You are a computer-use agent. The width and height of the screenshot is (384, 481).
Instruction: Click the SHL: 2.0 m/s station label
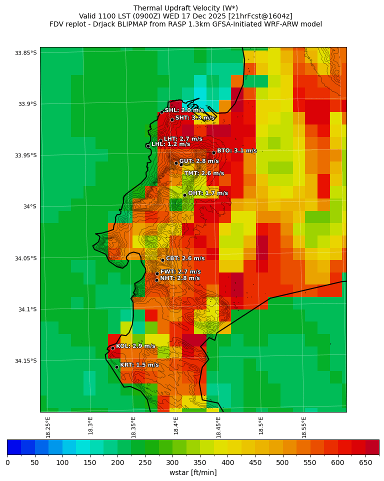(184, 110)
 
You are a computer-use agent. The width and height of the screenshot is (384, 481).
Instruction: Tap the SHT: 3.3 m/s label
(194, 118)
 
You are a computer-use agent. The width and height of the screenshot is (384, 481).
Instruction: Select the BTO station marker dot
(213, 152)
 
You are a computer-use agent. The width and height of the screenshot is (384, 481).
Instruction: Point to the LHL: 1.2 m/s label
(170, 144)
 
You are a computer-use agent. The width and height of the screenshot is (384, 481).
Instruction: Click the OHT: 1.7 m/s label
(207, 193)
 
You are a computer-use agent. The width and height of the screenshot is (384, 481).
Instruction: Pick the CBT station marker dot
(162, 260)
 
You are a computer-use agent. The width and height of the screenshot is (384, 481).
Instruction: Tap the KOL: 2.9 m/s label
(135, 346)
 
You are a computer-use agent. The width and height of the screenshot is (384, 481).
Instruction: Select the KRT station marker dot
(116, 367)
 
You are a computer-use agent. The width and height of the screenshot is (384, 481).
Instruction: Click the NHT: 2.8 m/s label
(179, 278)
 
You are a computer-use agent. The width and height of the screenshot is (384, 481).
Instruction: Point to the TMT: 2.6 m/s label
(204, 173)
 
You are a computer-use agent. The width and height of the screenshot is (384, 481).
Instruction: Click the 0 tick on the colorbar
(7, 462)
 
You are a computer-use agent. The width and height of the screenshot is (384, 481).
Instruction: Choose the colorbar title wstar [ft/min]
(193, 472)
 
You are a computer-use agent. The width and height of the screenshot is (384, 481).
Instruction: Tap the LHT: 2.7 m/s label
(183, 139)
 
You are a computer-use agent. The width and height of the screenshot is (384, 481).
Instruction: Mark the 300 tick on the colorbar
(173, 462)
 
